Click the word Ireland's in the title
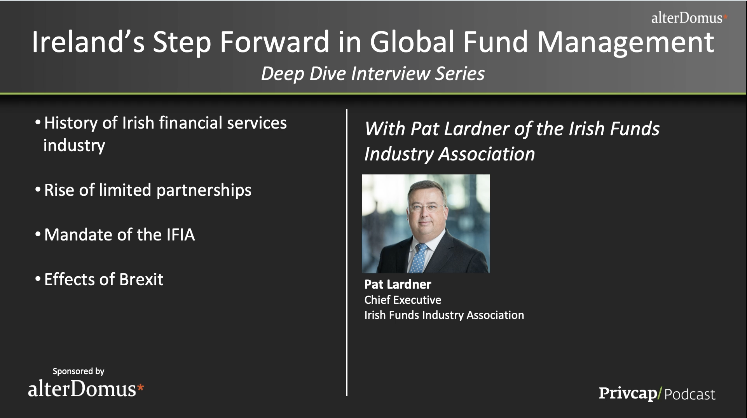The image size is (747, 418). [88, 42]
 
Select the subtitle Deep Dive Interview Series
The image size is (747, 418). [373, 74]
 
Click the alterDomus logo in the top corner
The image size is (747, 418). [689, 18]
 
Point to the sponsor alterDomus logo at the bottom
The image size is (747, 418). [86, 389]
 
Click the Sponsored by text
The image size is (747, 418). [79, 371]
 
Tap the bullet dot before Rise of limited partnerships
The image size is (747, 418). [38, 190]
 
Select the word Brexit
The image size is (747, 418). [141, 279]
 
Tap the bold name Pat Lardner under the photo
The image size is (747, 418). [398, 284]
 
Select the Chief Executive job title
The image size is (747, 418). [403, 300]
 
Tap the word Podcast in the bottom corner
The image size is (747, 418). [690, 394]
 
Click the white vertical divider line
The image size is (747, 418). [347, 253]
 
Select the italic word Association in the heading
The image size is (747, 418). [487, 154]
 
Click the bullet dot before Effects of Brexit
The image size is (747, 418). [38, 279]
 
